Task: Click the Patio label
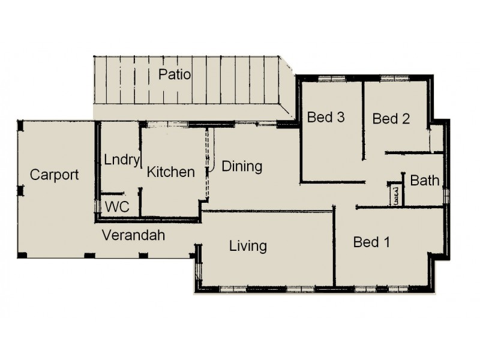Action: pyautogui.click(x=175, y=75)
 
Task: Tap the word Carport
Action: pyautogui.click(x=55, y=175)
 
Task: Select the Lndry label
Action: pyautogui.click(x=122, y=160)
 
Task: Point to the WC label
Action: pyautogui.click(x=118, y=207)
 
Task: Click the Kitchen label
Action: pyautogui.click(x=171, y=172)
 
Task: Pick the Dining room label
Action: pyautogui.click(x=242, y=166)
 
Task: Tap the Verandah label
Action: pyautogui.click(x=133, y=235)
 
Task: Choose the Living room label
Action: pyautogui.click(x=248, y=246)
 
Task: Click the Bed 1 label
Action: pyautogui.click(x=371, y=242)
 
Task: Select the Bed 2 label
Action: pyautogui.click(x=391, y=119)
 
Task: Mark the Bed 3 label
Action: pyautogui.click(x=326, y=117)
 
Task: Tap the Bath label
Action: pyautogui.click(x=425, y=180)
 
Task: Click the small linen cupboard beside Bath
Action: pyautogui.click(x=396, y=194)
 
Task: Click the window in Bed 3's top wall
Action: pyautogui.click(x=331, y=78)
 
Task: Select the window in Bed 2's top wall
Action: pyautogui.click(x=395, y=78)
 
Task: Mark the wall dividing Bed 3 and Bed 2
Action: pyautogui.click(x=364, y=120)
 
